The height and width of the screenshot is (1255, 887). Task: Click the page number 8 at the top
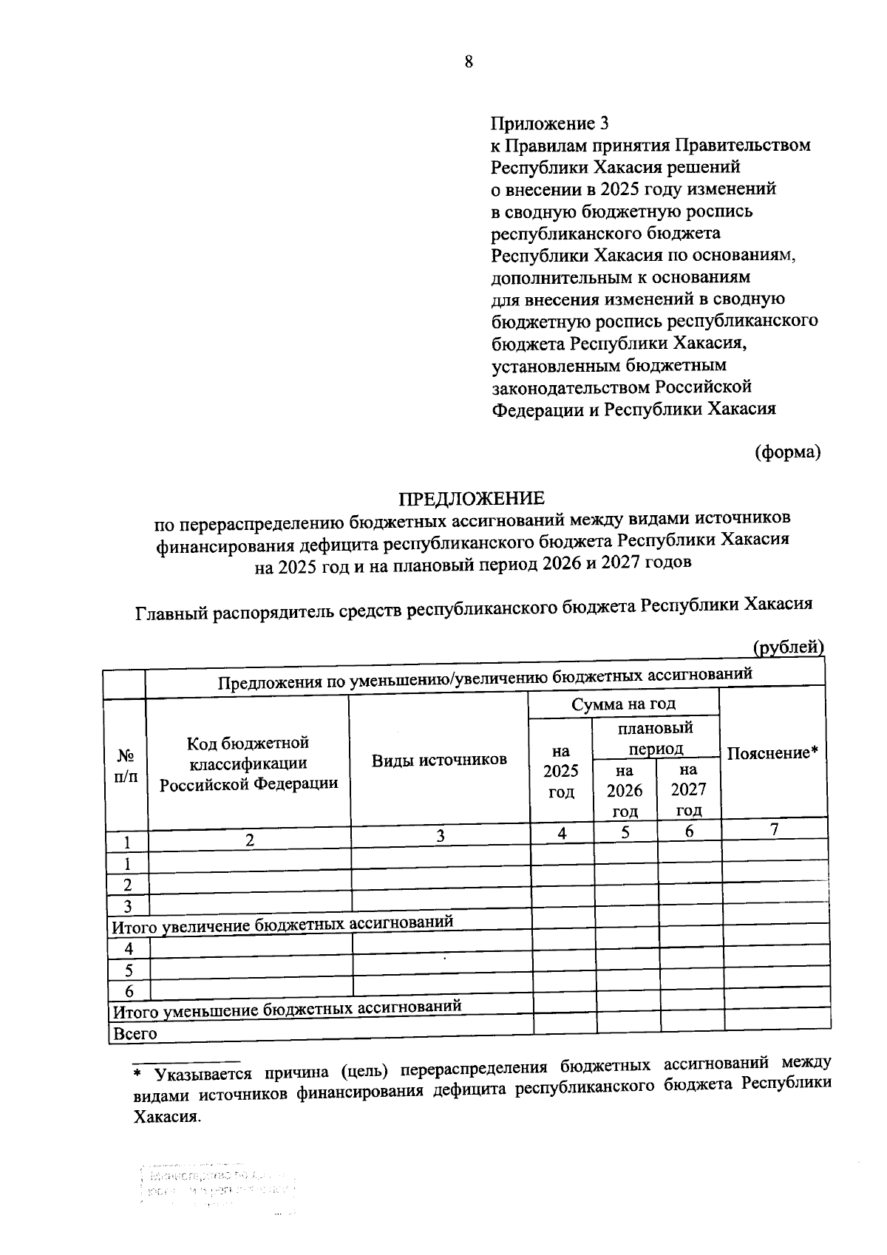pyautogui.click(x=469, y=62)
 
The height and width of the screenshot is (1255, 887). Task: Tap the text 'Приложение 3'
pyautogui.click(x=550, y=123)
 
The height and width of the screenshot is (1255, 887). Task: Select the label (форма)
pyautogui.click(x=787, y=452)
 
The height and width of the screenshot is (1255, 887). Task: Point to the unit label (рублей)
pyautogui.click(x=788, y=647)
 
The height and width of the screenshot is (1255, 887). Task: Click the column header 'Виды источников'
pyautogui.click(x=439, y=760)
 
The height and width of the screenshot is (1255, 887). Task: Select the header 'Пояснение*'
pyautogui.click(x=772, y=753)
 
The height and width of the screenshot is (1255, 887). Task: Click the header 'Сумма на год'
pyautogui.click(x=623, y=703)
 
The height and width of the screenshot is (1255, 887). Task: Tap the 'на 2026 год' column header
pyautogui.click(x=625, y=790)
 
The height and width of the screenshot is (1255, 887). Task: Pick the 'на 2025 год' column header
pyautogui.click(x=561, y=772)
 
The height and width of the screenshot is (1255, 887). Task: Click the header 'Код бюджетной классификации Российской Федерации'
pyautogui.click(x=248, y=763)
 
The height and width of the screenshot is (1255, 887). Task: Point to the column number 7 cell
pyautogui.click(x=773, y=829)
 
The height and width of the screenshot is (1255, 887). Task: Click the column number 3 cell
pyautogui.click(x=441, y=836)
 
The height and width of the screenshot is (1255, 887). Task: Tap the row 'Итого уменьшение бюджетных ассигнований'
pyautogui.click(x=287, y=1008)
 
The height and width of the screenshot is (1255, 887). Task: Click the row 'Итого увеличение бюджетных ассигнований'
pyautogui.click(x=282, y=924)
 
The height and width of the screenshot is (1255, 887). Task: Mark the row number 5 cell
pyautogui.click(x=129, y=970)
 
